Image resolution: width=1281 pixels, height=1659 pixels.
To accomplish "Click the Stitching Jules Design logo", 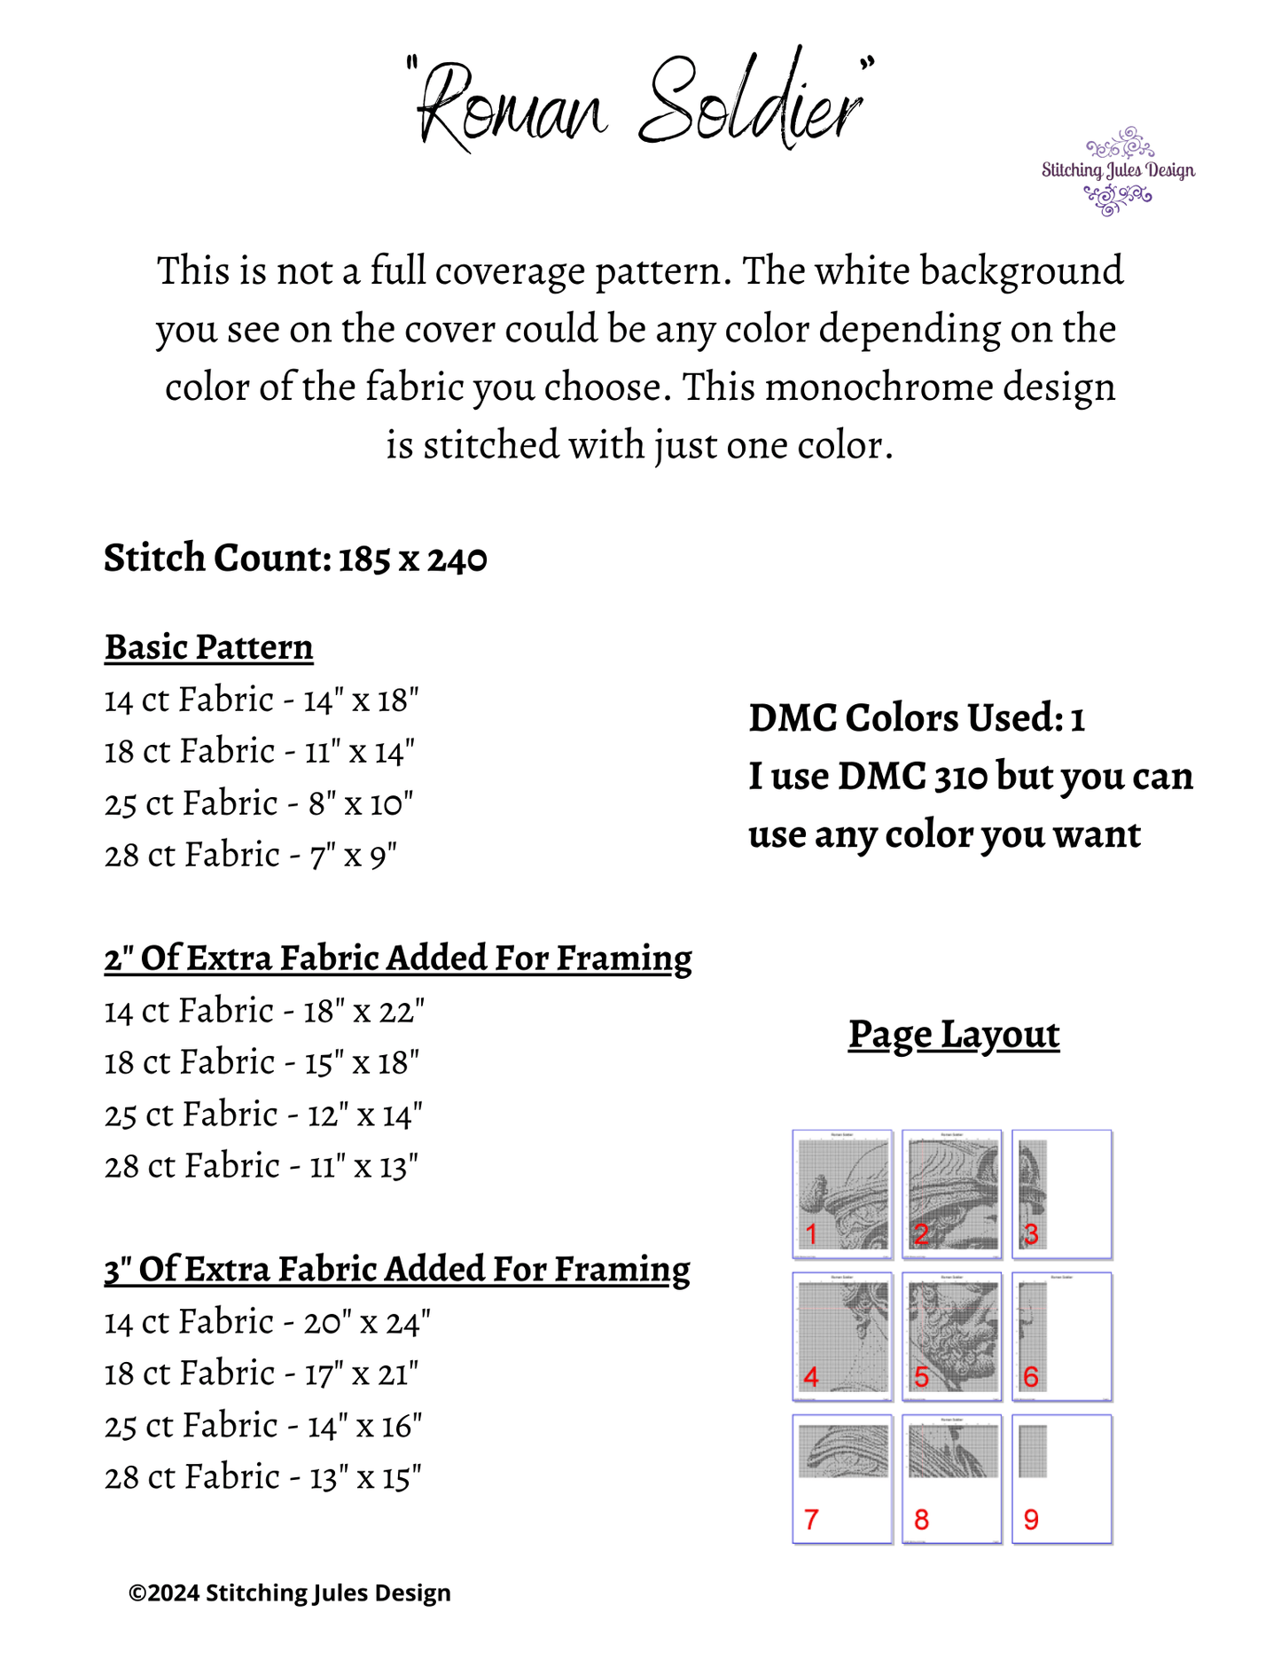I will click(x=1117, y=171).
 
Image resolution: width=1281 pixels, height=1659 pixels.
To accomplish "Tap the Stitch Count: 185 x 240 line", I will click(x=295, y=559).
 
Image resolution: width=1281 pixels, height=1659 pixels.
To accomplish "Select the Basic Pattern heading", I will click(x=209, y=647).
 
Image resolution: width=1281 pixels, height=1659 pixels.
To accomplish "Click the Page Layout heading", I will click(x=953, y=1034).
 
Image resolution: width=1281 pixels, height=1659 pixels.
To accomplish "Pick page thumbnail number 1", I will click(x=842, y=1193).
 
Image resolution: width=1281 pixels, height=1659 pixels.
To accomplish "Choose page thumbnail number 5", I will click(x=952, y=1336).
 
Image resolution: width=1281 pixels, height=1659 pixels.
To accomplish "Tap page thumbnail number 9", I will click(x=1061, y=1479).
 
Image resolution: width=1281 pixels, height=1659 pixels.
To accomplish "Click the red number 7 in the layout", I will click(x=811, y=1520).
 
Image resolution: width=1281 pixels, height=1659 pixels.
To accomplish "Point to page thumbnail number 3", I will click(x=1061, y=1193).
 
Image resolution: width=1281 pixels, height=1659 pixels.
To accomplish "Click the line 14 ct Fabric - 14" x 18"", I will click(x=262, y=700).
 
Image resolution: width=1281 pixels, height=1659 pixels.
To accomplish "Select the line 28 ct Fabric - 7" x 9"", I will click(x=251, y=856).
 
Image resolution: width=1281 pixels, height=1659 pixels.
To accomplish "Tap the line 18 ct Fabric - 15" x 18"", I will click(x=262, y=1062).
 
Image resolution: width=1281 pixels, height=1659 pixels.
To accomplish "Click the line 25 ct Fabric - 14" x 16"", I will click(x=263, y=1426).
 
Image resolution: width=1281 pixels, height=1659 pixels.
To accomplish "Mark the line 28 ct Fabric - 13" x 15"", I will click(x=263, y=1477).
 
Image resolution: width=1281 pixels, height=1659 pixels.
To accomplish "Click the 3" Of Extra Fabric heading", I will click(x=397, y=1270).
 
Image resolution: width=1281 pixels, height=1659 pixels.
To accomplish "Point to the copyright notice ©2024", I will click(x=290, y=1593).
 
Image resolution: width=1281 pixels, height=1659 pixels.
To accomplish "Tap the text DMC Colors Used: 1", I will click(x=917, y=718).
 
